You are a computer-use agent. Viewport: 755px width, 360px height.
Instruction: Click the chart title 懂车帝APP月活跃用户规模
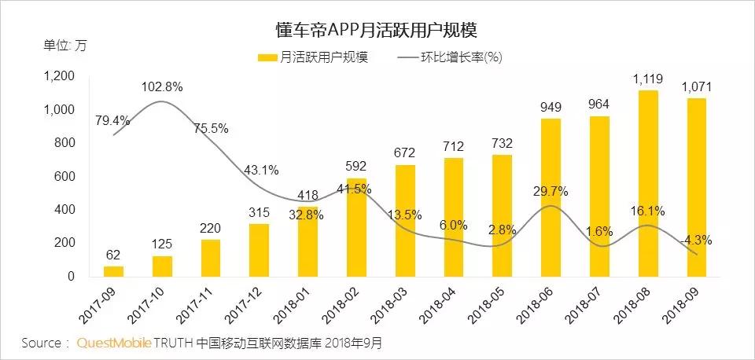[x=377, y=30]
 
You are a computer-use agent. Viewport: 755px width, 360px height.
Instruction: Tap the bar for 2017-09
[x=113, y=271]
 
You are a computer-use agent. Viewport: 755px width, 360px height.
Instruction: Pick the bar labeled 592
[x=356, y=227]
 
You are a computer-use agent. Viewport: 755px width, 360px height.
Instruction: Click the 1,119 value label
[x=647, y=79]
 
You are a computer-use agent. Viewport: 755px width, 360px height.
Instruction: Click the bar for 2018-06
[x=551, y=197]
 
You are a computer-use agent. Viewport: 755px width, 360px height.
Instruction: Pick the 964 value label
[x=599, y=105]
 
